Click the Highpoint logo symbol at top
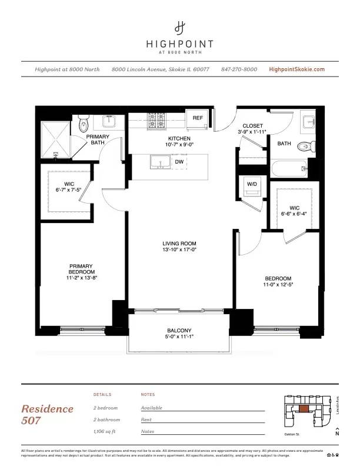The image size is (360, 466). pos(180,27)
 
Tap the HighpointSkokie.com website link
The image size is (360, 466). pos(296,69)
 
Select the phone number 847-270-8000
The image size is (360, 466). pos(239,69)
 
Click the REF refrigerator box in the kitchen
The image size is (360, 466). pos(198,118)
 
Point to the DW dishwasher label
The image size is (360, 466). pos(179,161)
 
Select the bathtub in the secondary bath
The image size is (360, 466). pos(289,169)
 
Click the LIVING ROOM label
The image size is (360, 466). pos(179,244)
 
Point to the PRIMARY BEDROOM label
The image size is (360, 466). pos(81,269)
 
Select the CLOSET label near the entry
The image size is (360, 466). pos(252,125)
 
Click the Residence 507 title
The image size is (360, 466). pos(48,414)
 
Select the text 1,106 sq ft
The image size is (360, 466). pos(106,431)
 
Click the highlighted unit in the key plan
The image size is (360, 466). pos(304,408)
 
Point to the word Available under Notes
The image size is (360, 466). pos(152,408)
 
